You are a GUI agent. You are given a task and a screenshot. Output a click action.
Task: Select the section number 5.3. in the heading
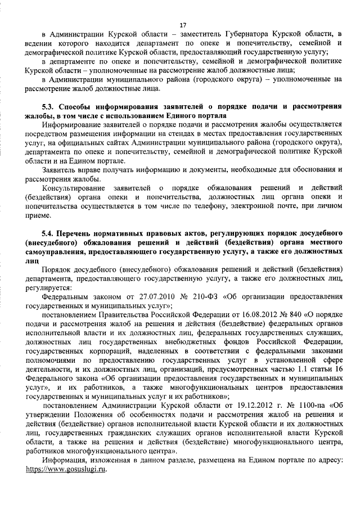coord(49,107)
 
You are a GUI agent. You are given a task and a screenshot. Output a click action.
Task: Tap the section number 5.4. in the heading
coord(49,233)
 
